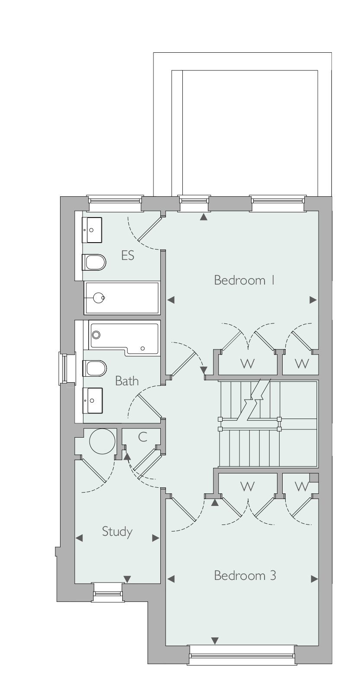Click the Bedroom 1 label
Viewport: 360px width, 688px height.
click(244, 280)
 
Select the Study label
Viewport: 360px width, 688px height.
click(117, 531)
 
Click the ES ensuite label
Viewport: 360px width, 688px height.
click(127, 255)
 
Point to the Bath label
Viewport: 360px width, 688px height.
click(127, 381)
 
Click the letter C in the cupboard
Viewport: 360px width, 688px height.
click(143, 437)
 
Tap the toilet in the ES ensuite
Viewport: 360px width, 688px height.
click(94, 262)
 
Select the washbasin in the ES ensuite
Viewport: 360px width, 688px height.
click(92, 230)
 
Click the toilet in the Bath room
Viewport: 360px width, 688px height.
click(94, 368)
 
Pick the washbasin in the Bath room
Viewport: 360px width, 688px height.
click(92, 400)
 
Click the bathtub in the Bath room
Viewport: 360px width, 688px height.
click(124, 338)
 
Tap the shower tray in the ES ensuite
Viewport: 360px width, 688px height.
click(122, 298)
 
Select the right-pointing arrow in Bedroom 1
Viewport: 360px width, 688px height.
click(313, 300)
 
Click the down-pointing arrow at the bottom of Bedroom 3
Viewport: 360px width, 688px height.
click(215, 641)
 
